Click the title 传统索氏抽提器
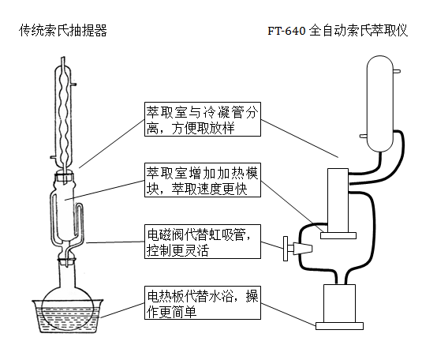(63, 31)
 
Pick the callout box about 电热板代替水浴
(202, 304)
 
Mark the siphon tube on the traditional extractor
(82, 225)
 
